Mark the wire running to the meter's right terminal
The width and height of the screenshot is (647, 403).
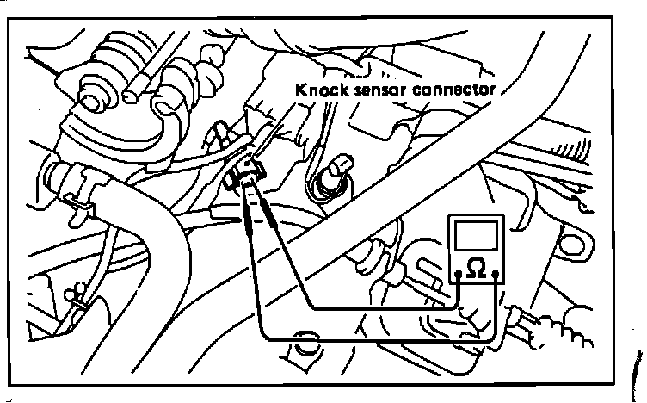[379, 338]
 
